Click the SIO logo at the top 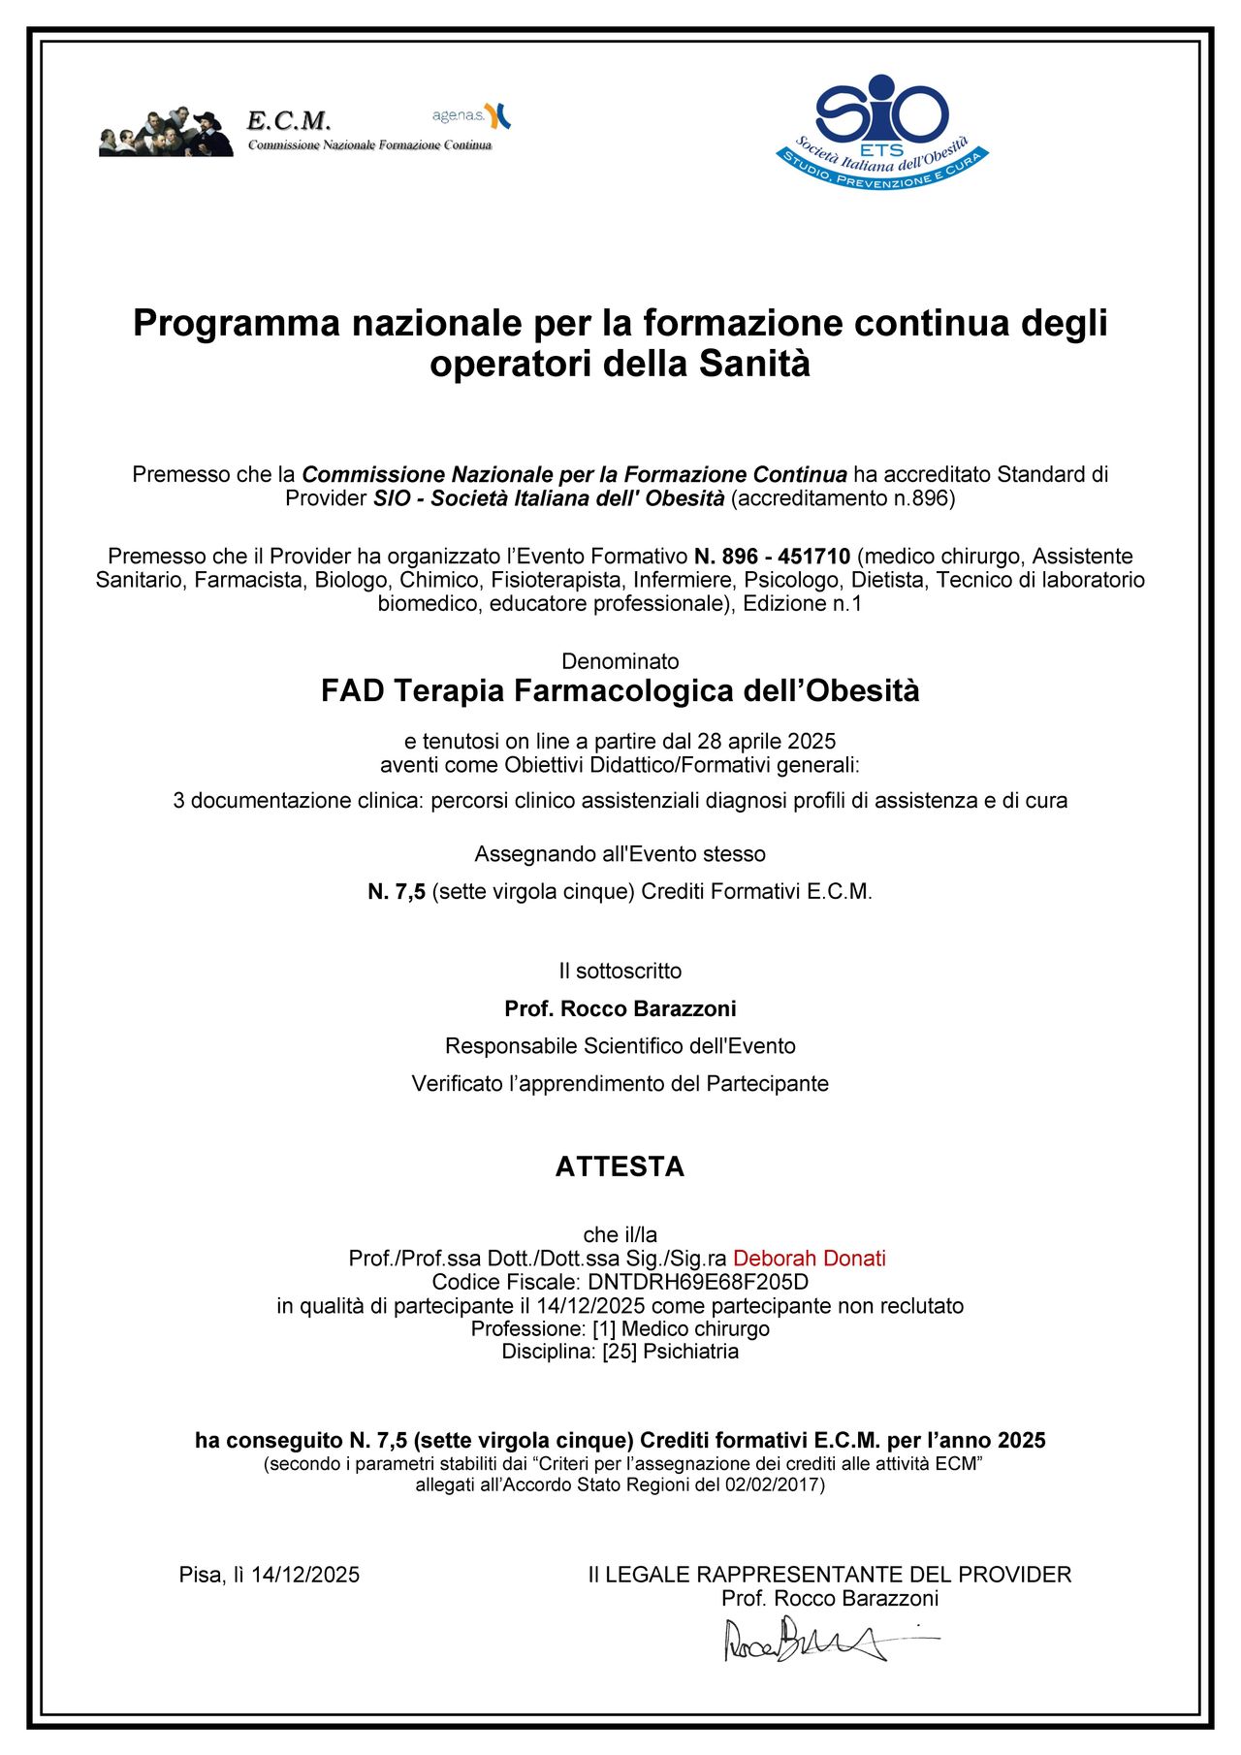[882, 131]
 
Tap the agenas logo [471, 115]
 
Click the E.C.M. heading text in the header [289, 121]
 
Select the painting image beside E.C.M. [166, 132]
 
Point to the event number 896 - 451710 [772, 557]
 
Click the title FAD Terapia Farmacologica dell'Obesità [620, 691]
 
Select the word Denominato [620, 661]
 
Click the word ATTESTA [620, 1166]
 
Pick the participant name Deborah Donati [810, 1259]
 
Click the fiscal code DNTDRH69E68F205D [698, 1282]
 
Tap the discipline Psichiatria [690, 1352]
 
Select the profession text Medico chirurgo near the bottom [695, 1328]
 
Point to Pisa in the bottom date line [201, 1575]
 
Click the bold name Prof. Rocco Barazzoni [620, 1008]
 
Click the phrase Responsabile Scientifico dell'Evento [620, 1046]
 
